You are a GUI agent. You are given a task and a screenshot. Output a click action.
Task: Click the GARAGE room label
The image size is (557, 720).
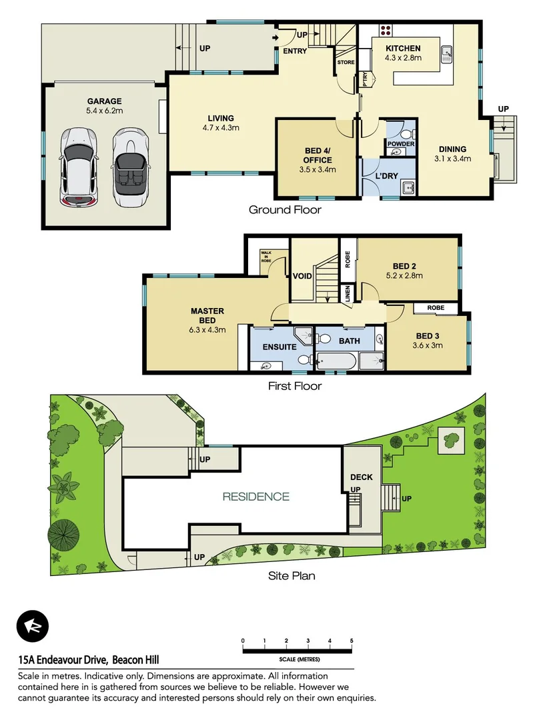pyautogui.click(x=103, y=101)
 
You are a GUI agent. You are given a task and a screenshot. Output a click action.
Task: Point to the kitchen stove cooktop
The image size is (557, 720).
pyautogui.click(x=386, y=29)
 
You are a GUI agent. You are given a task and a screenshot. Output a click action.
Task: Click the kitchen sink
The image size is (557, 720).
pyautogui.click(x=446, y=51)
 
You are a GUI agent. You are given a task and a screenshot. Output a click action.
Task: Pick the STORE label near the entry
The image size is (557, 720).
pyautogui.click(x=346, y=62)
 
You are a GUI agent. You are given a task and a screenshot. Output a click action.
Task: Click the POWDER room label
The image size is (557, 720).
pyautogui.click(x=401, y=144)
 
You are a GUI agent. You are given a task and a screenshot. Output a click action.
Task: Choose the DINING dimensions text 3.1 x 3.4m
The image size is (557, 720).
pyautogui.click(x=452, y=159)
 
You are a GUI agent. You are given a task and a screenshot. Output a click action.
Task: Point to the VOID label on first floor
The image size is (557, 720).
pyautogui.click(x=302, y=276)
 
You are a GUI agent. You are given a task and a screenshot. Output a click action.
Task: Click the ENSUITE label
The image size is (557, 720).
pyautogui.click(x=279, y=347)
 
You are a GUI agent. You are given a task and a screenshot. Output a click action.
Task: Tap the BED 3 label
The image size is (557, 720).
pyautogui.click(x=428, y=336)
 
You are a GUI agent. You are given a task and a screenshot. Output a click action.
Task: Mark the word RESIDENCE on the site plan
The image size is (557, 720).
pyautogui.click(x=255, y=496)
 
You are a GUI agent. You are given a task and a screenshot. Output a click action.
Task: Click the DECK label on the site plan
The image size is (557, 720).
pyautogui.click(x=362, y=477)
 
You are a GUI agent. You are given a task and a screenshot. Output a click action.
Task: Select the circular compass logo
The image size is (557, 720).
pyautogui.click(x=33, y=627)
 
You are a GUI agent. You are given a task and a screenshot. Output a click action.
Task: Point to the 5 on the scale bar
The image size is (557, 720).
pyautogui.click(x=352, y=641)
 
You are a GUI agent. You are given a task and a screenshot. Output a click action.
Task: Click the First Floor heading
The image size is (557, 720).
pyautogui.click(x=294, y=386)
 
